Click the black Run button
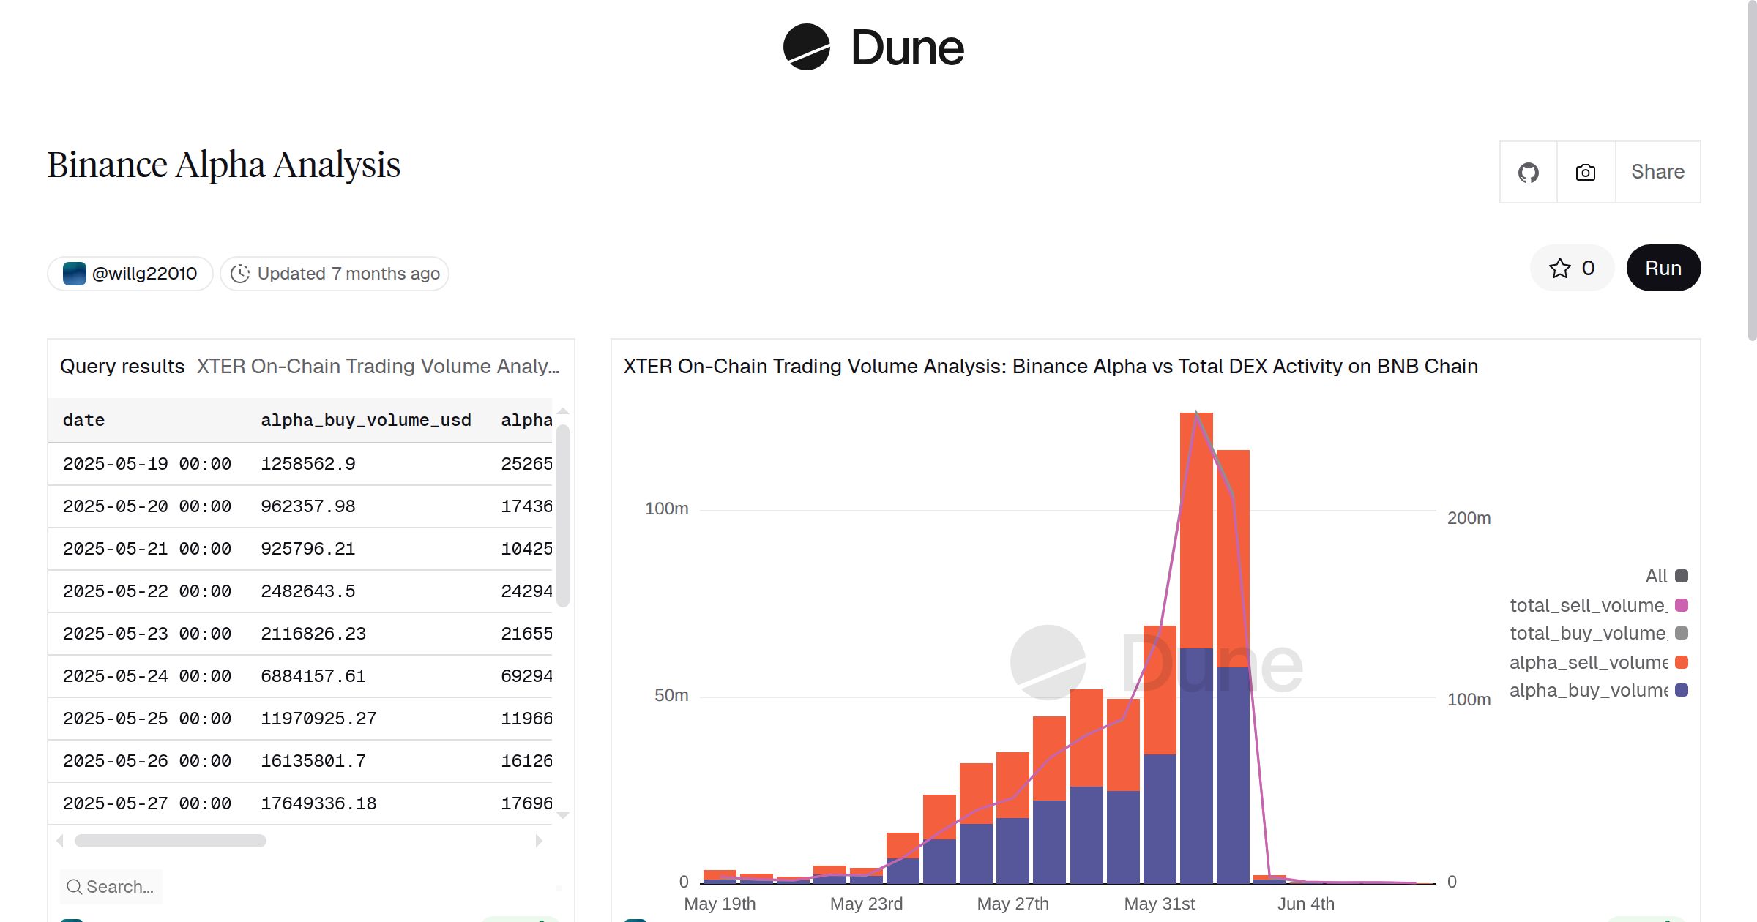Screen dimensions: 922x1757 point(1663,268)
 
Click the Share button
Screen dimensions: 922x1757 point(1657,172)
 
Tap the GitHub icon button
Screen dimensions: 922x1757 point(1528,173)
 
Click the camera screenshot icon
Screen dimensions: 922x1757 point(1585,173)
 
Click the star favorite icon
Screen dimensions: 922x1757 point(1559,268)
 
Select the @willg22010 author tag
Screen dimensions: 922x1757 point(130,274)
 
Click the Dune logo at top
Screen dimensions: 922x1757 point(873,48)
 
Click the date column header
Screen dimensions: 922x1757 point(83,420)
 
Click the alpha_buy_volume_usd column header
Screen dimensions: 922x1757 point(365,420)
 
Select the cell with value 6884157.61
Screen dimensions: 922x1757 point(313,676)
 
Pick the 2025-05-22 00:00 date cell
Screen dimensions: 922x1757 point(146,591)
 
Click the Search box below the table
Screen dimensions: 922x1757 point(112,887)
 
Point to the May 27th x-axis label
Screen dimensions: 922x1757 point(1012,904)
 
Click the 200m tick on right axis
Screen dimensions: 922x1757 point(1469,518)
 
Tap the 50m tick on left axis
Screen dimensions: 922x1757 point(671,695)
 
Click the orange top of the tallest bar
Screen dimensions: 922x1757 point(1196,512)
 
